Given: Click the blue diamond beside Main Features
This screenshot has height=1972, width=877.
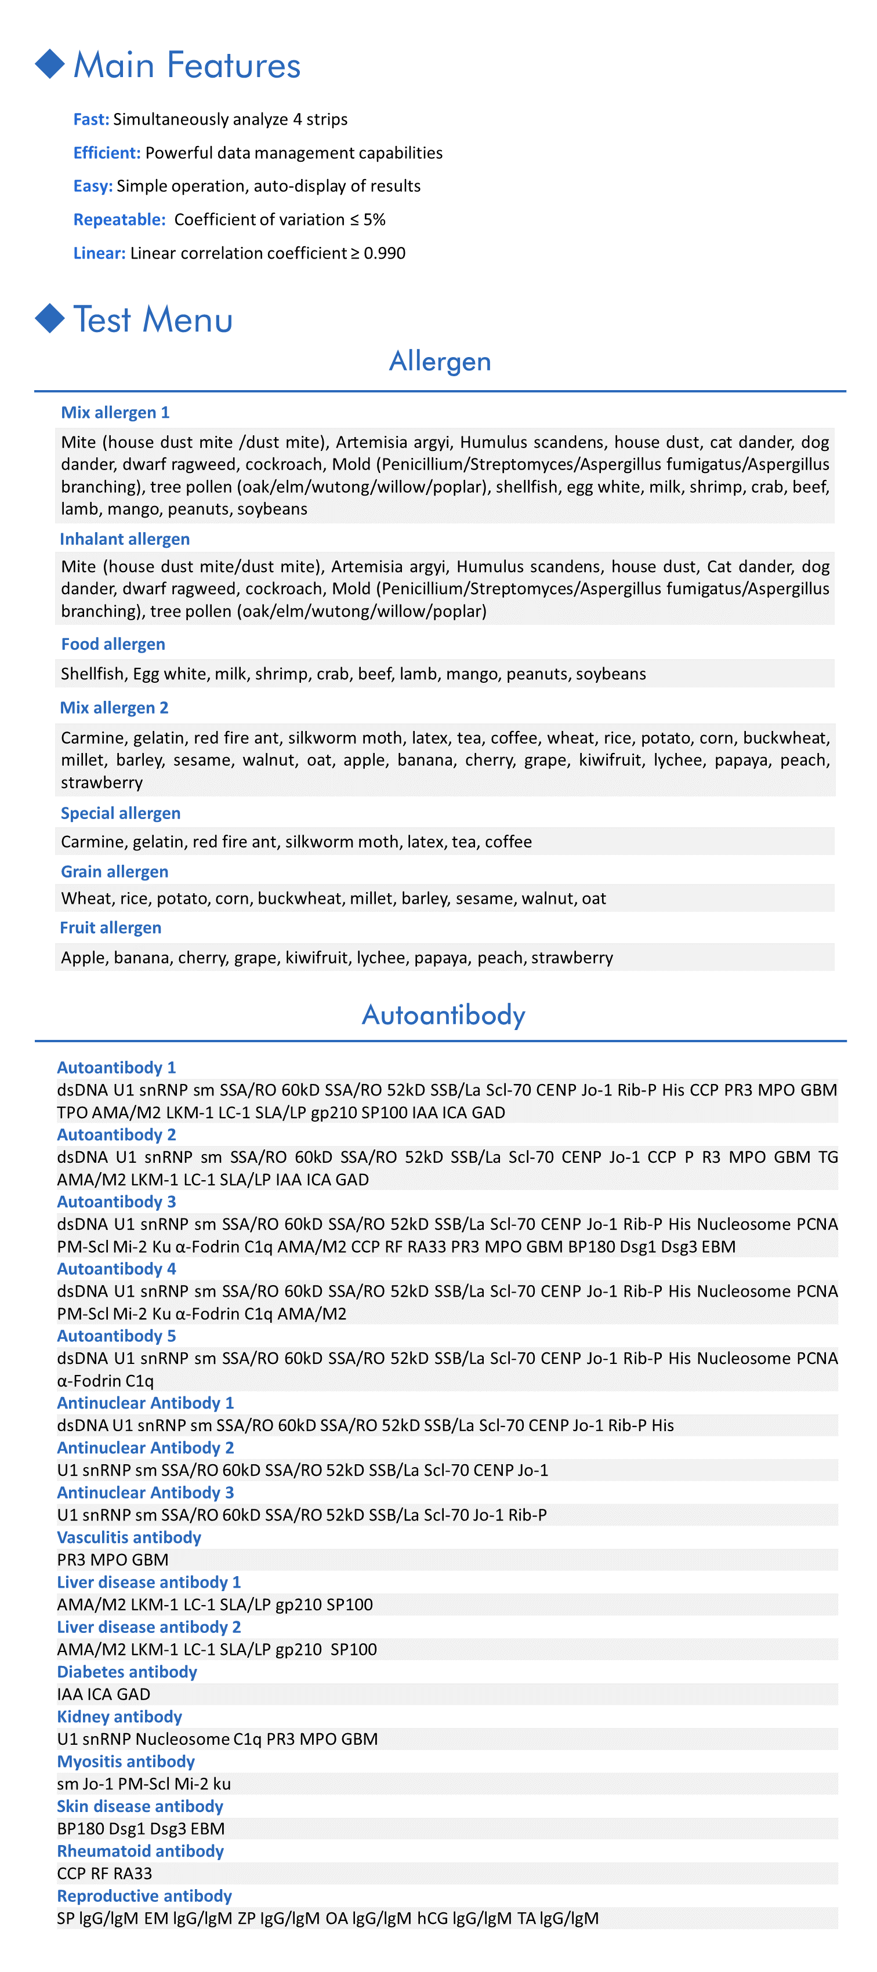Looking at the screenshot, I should [50, 64].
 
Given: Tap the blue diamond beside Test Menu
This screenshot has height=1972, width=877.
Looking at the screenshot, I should [50, 318].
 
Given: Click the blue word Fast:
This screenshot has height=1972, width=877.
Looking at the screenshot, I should [91, 119].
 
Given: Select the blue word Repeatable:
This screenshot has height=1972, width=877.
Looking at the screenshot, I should [119, 220].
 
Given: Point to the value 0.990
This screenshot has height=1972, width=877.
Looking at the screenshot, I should [385, 253].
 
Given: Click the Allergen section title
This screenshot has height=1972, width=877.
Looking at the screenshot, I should [440, 361].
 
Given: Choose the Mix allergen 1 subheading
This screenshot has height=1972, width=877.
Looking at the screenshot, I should [115, 413].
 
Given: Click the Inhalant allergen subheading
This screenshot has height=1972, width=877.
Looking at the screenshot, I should [125, 539].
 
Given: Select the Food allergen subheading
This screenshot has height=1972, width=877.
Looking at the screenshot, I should [113, 644].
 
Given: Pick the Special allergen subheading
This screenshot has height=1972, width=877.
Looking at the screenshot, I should [120, 813].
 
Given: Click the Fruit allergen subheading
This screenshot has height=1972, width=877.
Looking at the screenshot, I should [110, 928].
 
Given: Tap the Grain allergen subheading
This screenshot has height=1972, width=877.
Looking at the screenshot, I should [114, 871].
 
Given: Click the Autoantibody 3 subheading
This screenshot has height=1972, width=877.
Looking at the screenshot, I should [117, 1202].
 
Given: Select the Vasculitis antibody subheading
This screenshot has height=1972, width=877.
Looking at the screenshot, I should [129, 1537].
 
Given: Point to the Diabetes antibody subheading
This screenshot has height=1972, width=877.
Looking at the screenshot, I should [127, 1672].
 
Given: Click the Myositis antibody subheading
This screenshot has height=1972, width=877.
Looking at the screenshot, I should [126, 1762].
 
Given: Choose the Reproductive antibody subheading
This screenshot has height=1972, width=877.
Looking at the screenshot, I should [144, 1895].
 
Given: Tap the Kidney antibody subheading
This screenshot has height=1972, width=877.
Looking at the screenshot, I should [119, 1716].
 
